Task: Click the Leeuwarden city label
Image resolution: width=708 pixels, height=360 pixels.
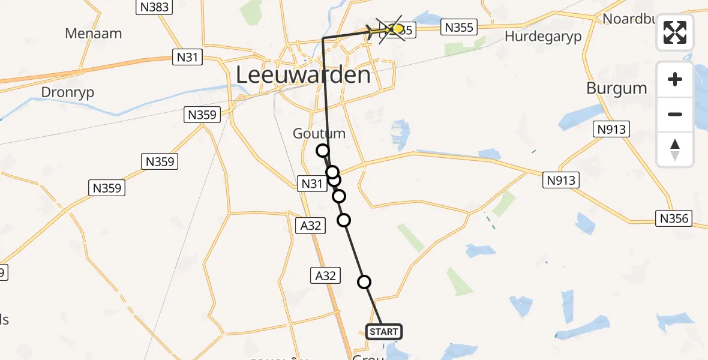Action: pyautogui.click(x=303, y=76)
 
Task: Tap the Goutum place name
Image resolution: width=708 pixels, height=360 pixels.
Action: pyautogui.click(x=319, y=133)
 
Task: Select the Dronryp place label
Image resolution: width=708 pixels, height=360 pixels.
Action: pyautogui.click(x=68, y=92)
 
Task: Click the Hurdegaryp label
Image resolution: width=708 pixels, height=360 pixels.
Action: pyautogui.click(x=543, y=36)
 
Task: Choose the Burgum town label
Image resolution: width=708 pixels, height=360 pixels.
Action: pyautogui.click(x=616, y=88)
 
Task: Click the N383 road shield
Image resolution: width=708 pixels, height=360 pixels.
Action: pyautogui.click(x=154, y=7)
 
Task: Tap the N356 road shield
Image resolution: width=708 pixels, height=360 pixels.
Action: pyautogui.click(x=674, y=219)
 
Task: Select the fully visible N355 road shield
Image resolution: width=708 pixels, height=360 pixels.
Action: pyautogui.click(x=458, y=27)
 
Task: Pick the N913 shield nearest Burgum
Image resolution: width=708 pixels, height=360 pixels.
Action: pyautogui.click(x=611, y=129)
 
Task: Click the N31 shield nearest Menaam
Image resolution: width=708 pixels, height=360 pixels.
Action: pyautogui.click(x=187, y=58)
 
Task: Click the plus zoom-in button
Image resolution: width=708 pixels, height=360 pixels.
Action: pyautogui.click(x=675, y=79)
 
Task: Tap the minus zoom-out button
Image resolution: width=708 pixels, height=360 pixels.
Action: pyautogui.click(x=675, y=114)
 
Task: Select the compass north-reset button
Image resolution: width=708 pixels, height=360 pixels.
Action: pyautogui.click(x=675, y=149)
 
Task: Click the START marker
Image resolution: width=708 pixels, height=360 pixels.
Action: pyautogui.click(x=383, y=332)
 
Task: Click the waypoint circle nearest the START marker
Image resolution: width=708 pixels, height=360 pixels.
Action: pyautogui.click(x=364, y=282)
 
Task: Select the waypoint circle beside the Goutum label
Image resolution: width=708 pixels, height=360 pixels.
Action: pyautogui.click(x=323, y=151)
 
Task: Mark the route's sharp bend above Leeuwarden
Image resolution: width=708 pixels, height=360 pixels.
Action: pyautogui.click(x=323, y=38)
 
